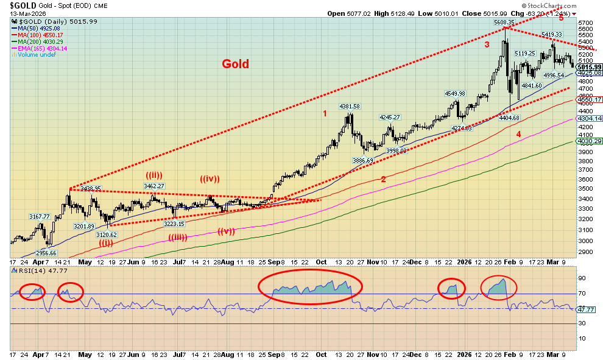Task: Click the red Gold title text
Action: [235, 64]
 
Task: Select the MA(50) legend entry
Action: [38, 28]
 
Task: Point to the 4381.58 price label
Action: [350, 107]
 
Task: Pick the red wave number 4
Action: [518, 134]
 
